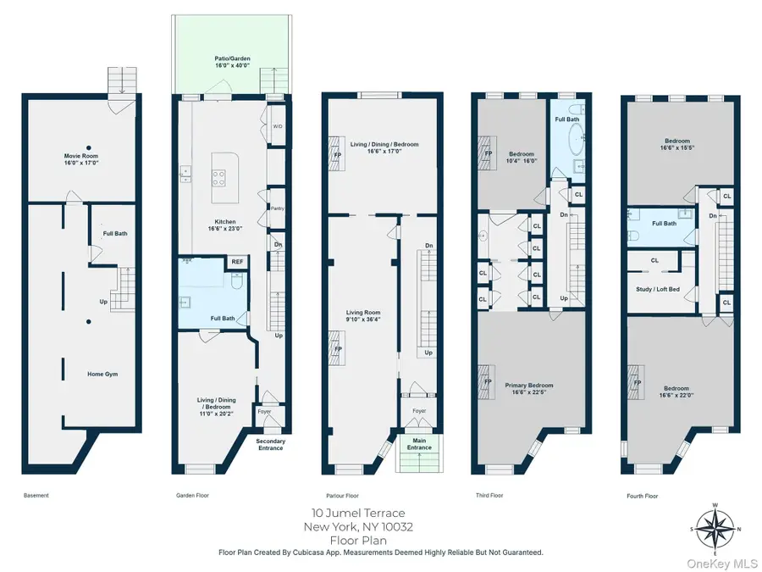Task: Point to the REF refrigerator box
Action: [x=238, y=263]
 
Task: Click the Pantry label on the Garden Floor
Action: [x=276, y=208]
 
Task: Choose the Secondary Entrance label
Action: [x=270, y=444]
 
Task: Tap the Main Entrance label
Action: [x=419, y=444]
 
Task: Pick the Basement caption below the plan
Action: [x=36, y=496]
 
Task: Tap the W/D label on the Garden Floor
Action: [x=277, y=127]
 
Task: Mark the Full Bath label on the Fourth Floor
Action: [x=664, y=224]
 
